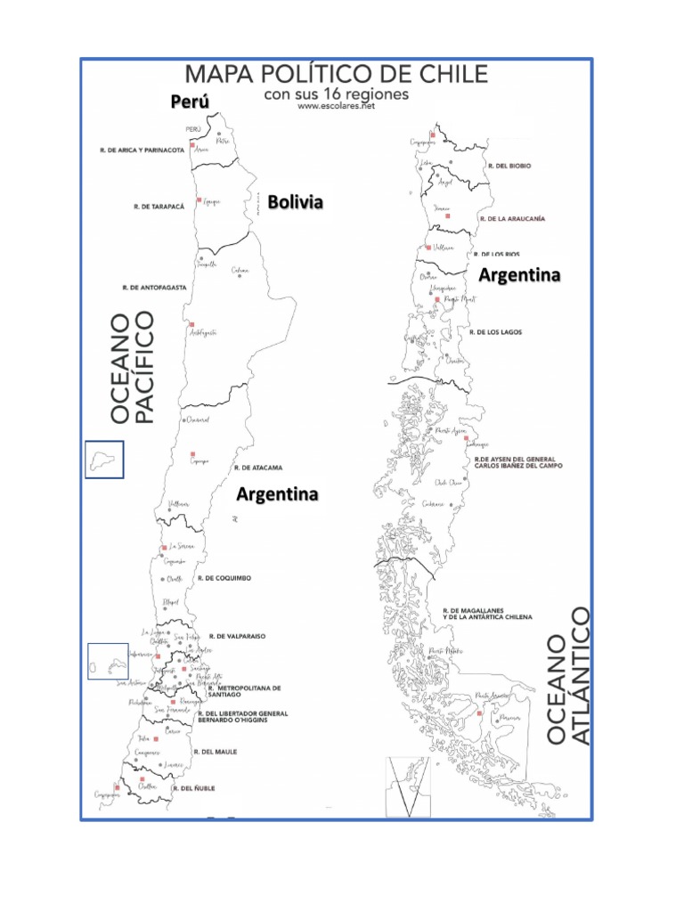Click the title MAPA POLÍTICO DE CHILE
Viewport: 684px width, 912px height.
tap(337, 74)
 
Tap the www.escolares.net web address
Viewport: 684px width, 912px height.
tap(336, 106)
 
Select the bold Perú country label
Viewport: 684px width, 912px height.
tap(190, 102)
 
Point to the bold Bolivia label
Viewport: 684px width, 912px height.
tap(295, 202)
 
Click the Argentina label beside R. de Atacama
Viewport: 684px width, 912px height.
tap(277, 493)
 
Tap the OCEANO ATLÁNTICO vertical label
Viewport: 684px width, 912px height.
tap(568, 675)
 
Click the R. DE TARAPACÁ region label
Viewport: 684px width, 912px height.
tap(159, 207)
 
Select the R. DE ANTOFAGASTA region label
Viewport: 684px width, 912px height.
tap(154, 288)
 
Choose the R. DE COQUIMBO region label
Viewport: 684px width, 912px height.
tap(224, 578)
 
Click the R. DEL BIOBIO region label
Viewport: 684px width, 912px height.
tap(509, 166)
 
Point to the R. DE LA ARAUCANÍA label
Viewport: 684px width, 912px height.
tap(512, 218)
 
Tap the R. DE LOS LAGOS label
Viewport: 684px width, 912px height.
tap(499, 332)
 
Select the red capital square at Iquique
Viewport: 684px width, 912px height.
tap(199, 200)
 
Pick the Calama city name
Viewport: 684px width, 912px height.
tap(240, 271)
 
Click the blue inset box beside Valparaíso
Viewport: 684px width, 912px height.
tap(108, 661)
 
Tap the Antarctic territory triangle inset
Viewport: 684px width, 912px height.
tap(407, 786)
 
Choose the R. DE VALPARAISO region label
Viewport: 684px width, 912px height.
tap(238, 637)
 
